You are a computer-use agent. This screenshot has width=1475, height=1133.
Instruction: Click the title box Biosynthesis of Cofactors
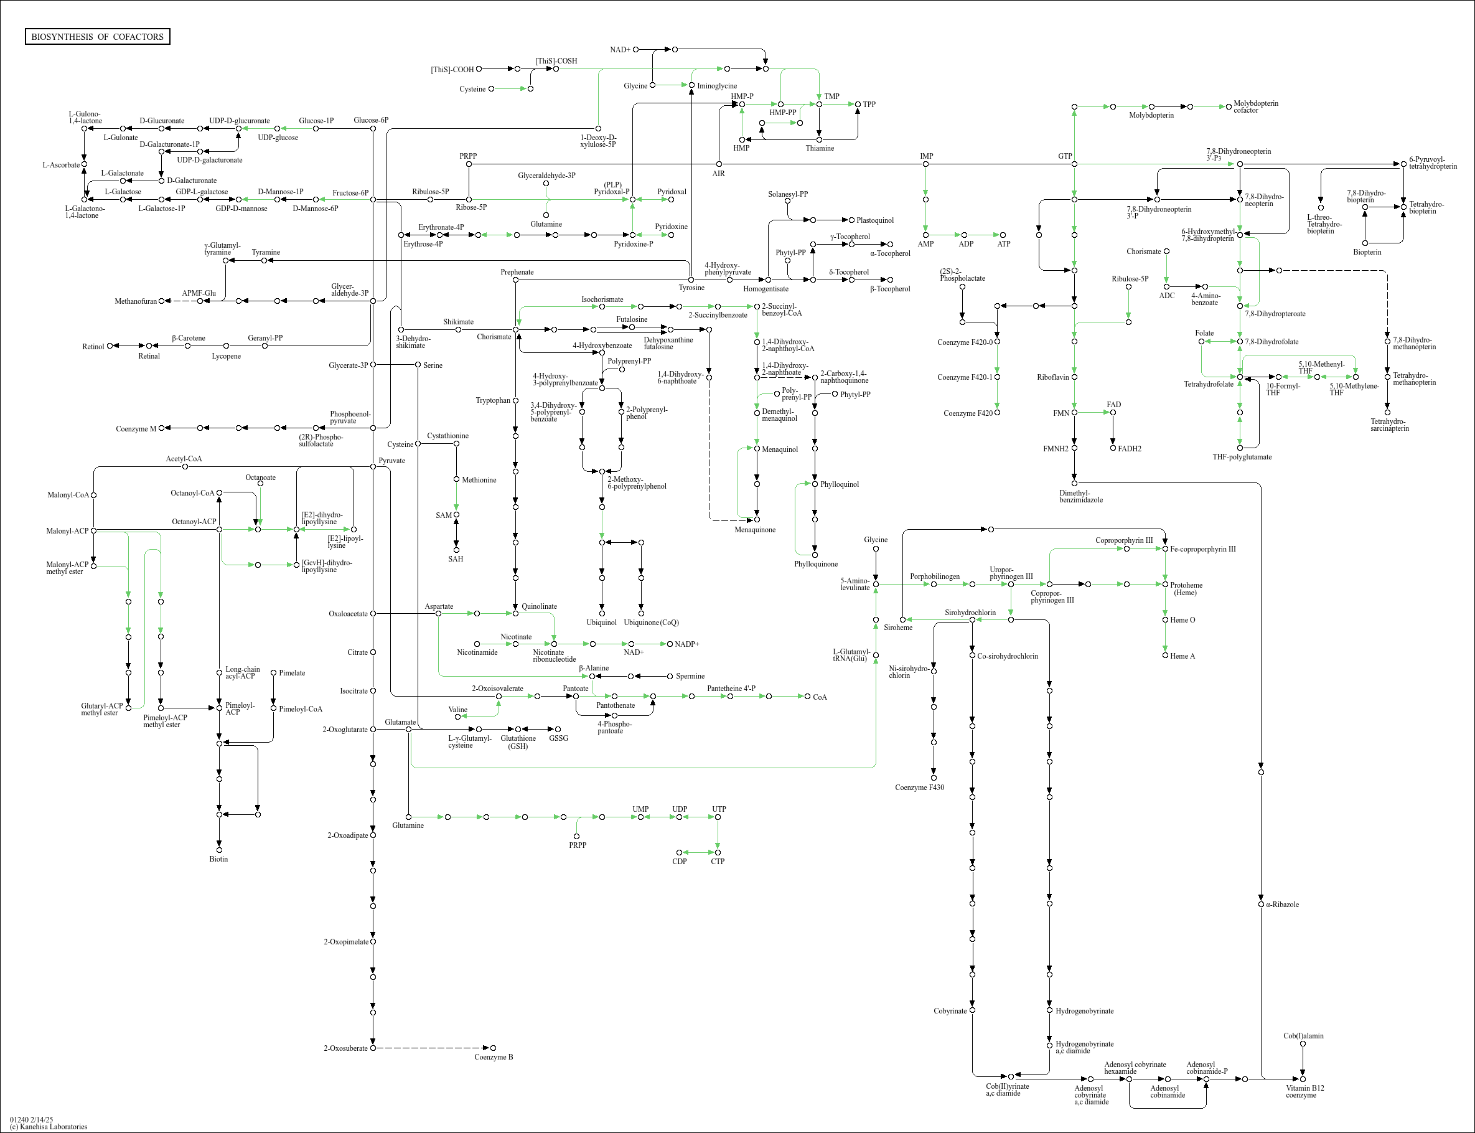point(97,36)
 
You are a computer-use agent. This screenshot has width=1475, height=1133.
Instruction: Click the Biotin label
point(218,859)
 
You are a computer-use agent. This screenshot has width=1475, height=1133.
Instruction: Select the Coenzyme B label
point(494,1057)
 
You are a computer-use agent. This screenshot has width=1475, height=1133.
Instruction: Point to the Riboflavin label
point(1052,377)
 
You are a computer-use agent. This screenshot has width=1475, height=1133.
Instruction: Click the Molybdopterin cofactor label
point(1255,106)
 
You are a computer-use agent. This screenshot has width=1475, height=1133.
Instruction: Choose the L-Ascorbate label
point(60,164)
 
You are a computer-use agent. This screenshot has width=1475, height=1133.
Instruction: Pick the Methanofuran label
point(136,301)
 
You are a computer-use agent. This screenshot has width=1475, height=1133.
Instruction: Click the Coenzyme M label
point(136,429)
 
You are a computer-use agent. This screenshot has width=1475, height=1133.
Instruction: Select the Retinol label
point(93,347)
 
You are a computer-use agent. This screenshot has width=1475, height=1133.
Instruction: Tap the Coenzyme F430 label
point(919,787)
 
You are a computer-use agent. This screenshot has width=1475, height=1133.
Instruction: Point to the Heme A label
point(1182,656)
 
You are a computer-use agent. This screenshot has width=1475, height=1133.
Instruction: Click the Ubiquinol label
point(601,623)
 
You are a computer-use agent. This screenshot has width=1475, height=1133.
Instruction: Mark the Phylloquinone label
point(816,564)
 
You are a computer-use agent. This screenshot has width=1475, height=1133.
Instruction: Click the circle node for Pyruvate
point(373,466)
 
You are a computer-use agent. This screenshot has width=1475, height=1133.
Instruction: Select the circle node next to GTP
point(1074,164)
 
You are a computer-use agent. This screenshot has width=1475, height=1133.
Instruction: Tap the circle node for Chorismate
point(516,330)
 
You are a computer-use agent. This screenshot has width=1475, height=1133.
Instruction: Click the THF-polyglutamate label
point(1242,457)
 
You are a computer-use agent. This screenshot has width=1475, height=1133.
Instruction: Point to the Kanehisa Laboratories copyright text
point(49,1126)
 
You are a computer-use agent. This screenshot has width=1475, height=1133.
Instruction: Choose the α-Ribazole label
point(1282,905)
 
